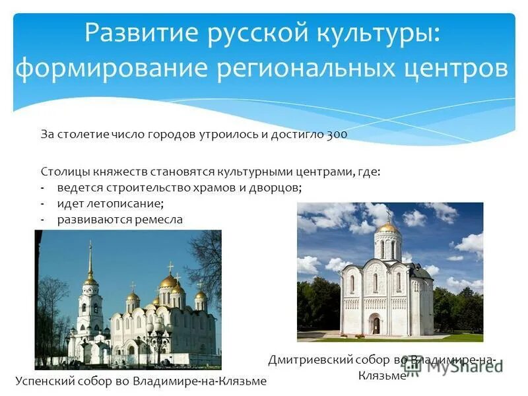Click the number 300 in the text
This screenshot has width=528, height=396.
click(x=337, y=134)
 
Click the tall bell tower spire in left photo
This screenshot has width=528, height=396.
click(x=90, y=257)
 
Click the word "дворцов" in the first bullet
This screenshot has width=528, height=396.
click(x=277, y=187)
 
